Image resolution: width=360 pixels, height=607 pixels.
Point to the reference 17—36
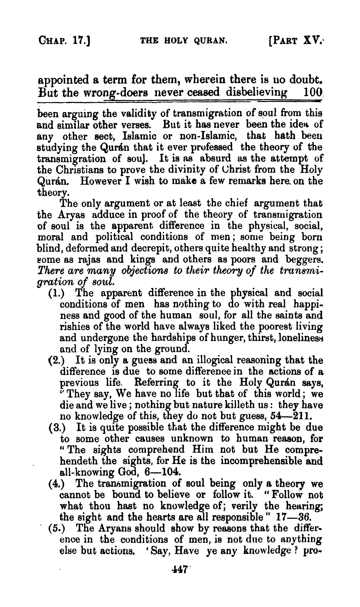[x=294, y=517]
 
